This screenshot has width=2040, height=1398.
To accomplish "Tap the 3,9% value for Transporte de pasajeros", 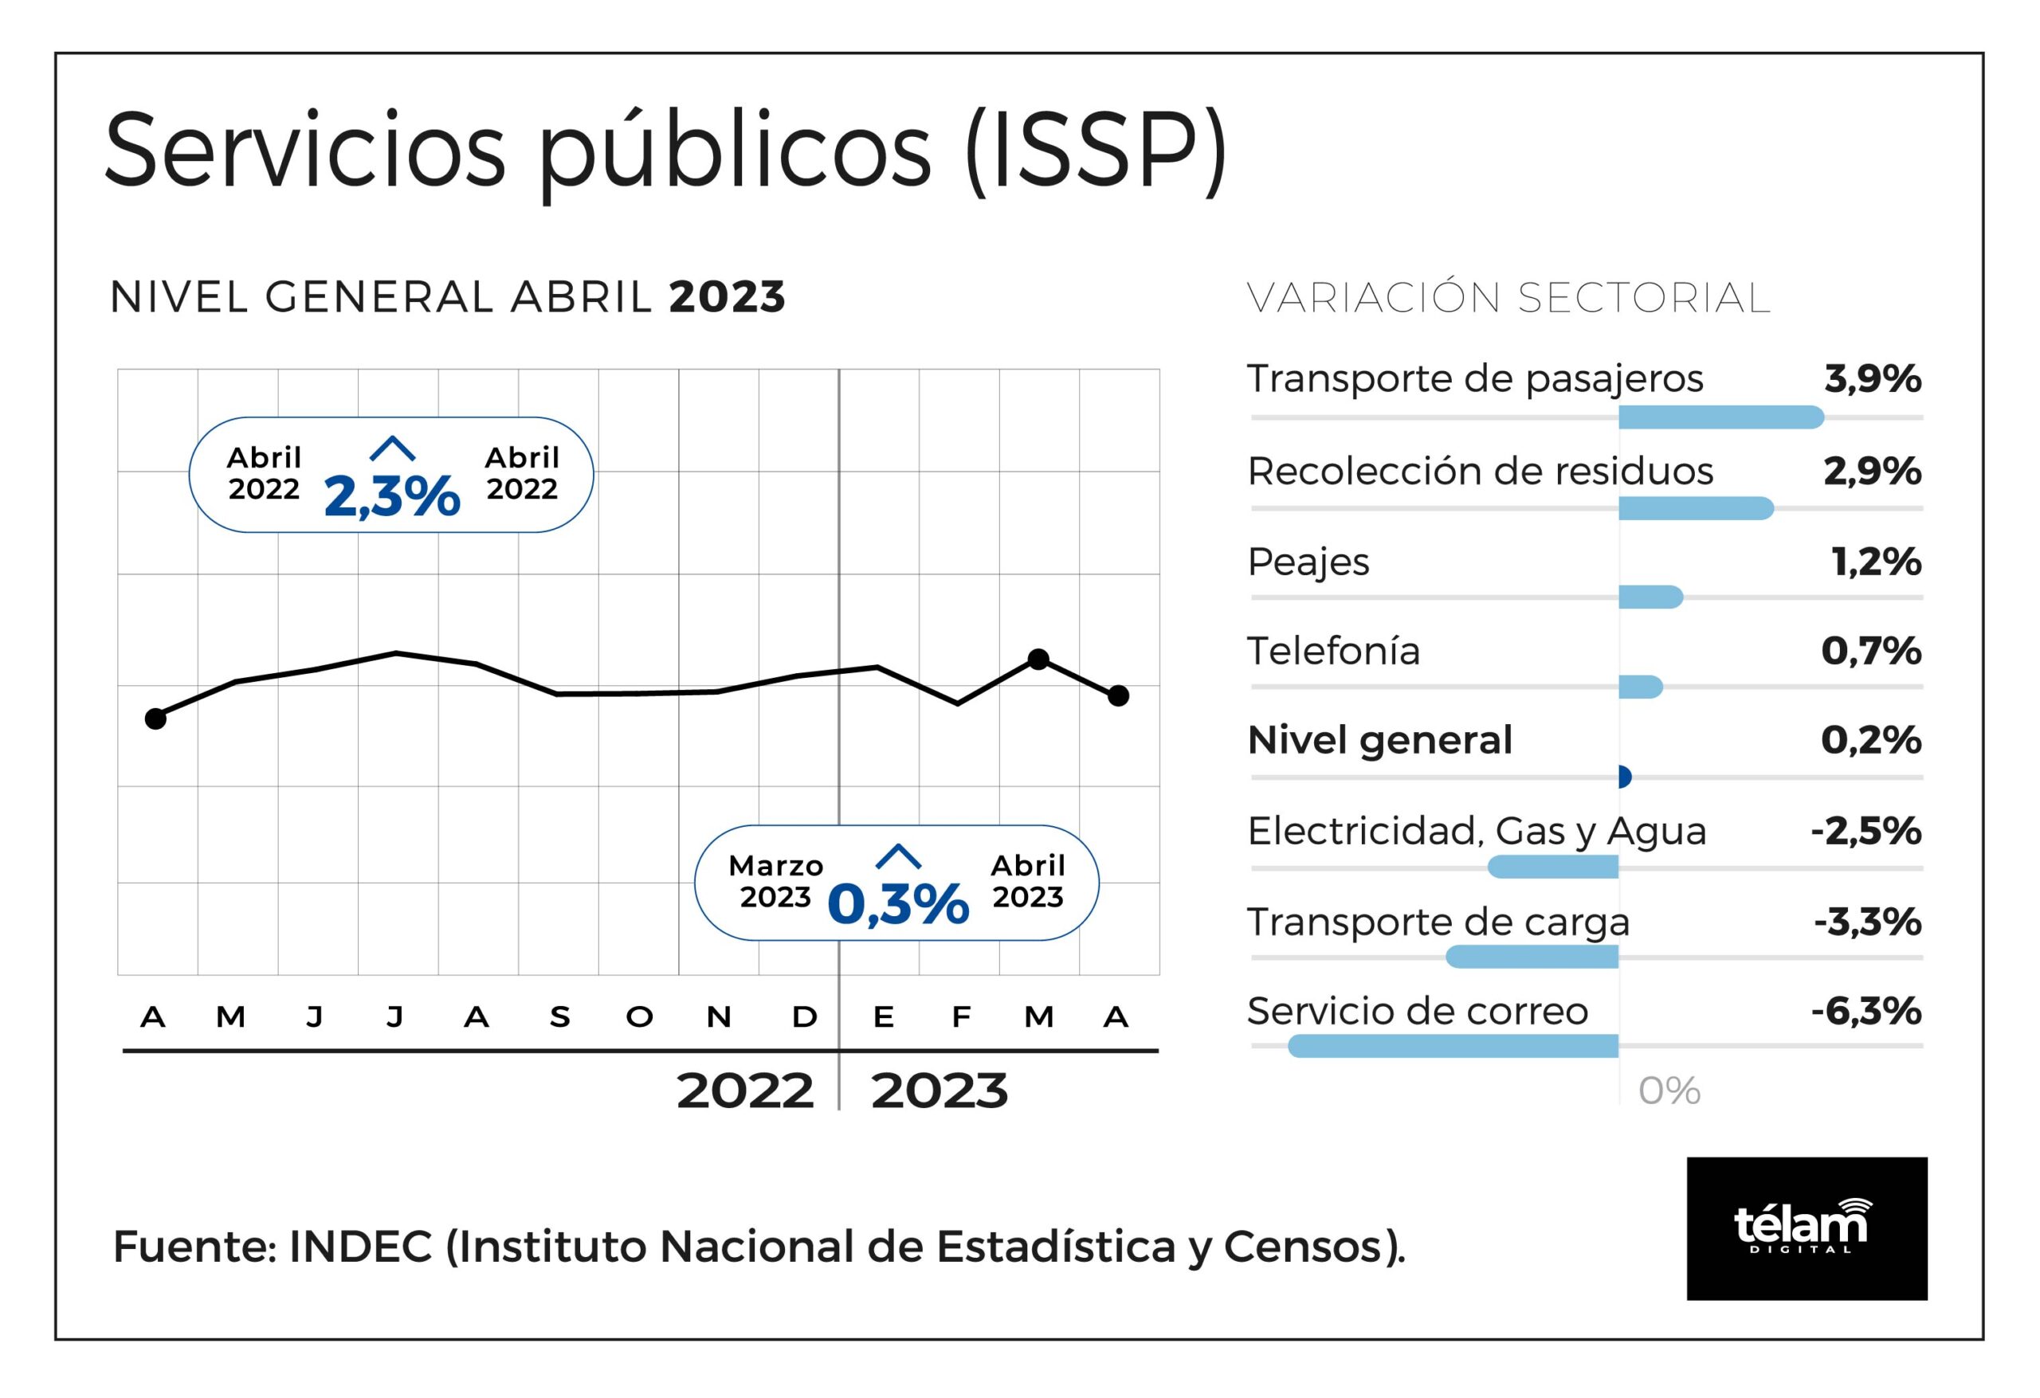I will point(1873,379).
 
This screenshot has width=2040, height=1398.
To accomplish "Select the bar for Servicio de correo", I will point(1453,1046).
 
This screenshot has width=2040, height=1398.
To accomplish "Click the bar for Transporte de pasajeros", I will point(1720,417).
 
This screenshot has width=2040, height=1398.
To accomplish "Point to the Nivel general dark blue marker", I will point(1624,777).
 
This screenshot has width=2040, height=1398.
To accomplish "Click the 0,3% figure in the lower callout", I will point(897,904).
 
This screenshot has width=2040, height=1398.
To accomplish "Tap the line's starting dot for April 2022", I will point(155,719).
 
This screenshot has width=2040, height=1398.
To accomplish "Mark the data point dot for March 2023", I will point(1038,659).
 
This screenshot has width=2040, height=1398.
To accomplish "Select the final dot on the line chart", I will point(1118,696).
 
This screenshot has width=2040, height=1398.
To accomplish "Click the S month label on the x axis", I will point(559,1017).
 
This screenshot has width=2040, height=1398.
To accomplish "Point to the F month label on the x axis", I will point(961,1017).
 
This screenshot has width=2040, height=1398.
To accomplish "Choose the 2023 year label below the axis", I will point(940,1091).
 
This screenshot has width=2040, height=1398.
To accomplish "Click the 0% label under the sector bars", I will point(1669,1091).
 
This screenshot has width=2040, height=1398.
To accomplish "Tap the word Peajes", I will point(1308,562).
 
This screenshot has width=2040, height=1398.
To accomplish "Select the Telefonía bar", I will point(1640,687).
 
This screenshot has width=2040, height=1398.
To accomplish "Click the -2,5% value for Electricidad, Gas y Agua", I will point(1866,831).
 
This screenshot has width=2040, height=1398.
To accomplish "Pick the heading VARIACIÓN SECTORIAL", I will point(1508,299).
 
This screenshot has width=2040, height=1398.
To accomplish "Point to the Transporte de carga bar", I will point(1532,957).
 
